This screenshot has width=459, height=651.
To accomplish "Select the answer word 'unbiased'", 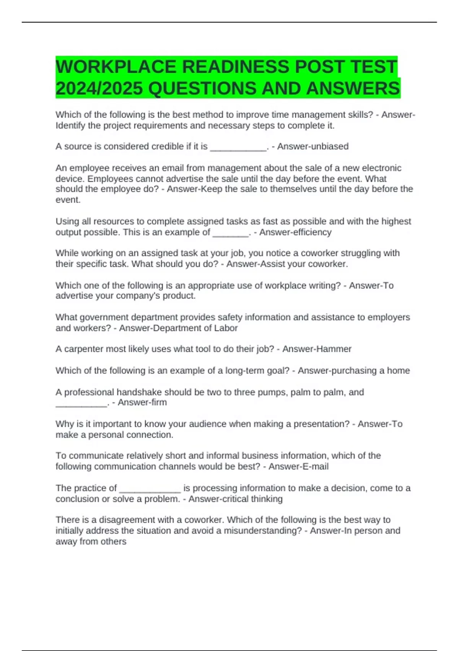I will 332,146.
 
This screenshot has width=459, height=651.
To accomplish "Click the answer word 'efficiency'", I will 313,232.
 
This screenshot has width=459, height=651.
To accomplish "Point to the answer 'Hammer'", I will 336,349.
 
